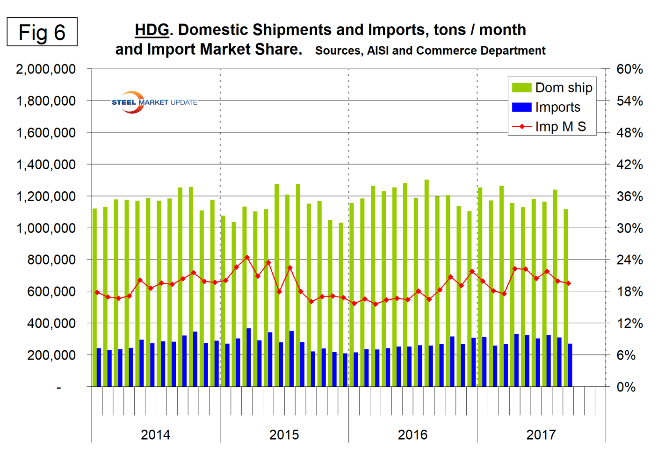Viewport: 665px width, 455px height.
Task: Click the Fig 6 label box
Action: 42,32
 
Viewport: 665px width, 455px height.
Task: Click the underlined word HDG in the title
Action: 152,30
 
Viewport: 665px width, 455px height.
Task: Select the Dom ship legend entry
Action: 552,88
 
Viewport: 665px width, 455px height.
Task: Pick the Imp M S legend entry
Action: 549,127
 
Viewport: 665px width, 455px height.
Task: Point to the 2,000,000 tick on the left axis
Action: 46,69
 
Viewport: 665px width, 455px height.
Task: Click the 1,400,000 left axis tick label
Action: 46,165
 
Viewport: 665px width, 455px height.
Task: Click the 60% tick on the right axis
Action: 629,69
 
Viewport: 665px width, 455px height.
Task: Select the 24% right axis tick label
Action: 629,260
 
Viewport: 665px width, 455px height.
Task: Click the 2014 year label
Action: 155,435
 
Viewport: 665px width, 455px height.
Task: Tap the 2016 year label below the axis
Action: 412,435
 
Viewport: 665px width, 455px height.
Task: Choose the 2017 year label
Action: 541,435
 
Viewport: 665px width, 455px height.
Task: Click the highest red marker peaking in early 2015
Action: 247,257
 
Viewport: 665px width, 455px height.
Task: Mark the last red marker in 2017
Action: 568,283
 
